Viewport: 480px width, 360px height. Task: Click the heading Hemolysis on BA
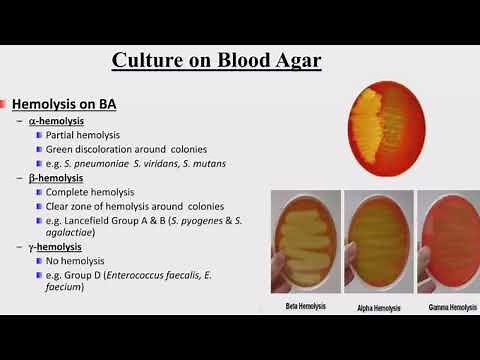tap(57, 104)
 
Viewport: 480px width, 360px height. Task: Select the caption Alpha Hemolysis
tap(378, 306)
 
